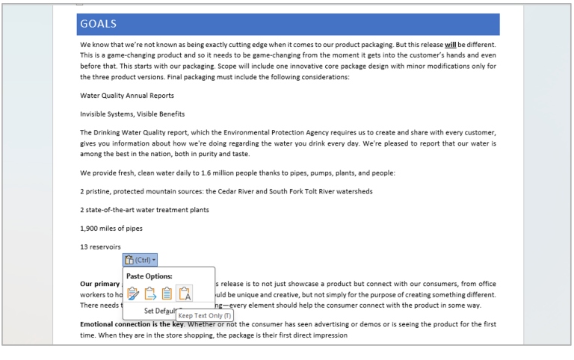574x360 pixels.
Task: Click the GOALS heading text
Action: [98, 24]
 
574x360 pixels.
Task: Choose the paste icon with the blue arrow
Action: [150, 294]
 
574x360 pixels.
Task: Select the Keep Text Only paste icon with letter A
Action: [184, 294]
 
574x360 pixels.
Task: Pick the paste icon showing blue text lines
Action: [167, 294]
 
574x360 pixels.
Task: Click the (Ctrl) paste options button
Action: [141, 260]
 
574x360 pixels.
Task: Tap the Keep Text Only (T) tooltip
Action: [204, 316]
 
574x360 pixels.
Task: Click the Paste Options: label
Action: [149, 276]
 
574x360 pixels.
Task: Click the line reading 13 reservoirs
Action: [100, 247]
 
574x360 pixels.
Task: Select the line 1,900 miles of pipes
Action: [111, 229]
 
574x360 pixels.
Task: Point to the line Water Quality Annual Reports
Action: [126, 96]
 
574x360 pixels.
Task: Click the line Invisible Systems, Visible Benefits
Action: [132, 114]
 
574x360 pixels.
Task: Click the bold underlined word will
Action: [451, 44]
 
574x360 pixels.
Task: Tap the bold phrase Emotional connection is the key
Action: [132, 324]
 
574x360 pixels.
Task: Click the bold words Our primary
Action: [100, 284]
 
